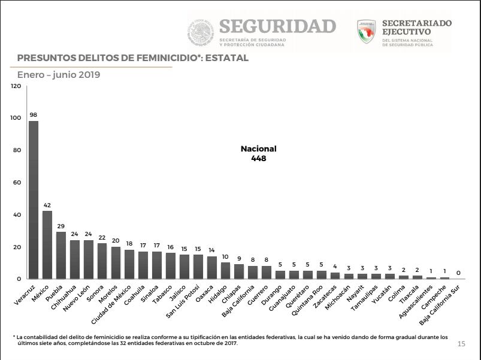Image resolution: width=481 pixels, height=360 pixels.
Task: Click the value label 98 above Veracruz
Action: click(34, 115)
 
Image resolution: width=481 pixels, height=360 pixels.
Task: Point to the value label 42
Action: click(47, 205)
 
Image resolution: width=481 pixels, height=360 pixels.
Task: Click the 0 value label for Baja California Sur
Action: click(458, 273)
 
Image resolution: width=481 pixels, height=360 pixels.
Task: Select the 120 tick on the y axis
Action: click(16, 86)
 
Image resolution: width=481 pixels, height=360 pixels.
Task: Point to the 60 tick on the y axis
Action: click(18, 183)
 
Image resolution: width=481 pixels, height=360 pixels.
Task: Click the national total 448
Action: click(259, 159)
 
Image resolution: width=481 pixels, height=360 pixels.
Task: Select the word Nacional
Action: click(259, 149)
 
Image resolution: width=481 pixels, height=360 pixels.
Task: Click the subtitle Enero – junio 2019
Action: click(58, 75)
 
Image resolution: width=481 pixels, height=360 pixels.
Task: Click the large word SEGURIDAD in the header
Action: click(277, 26)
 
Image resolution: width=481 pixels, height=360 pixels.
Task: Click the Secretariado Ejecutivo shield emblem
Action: click(366, 32)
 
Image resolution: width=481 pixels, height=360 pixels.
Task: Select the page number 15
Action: click(461, 344)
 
